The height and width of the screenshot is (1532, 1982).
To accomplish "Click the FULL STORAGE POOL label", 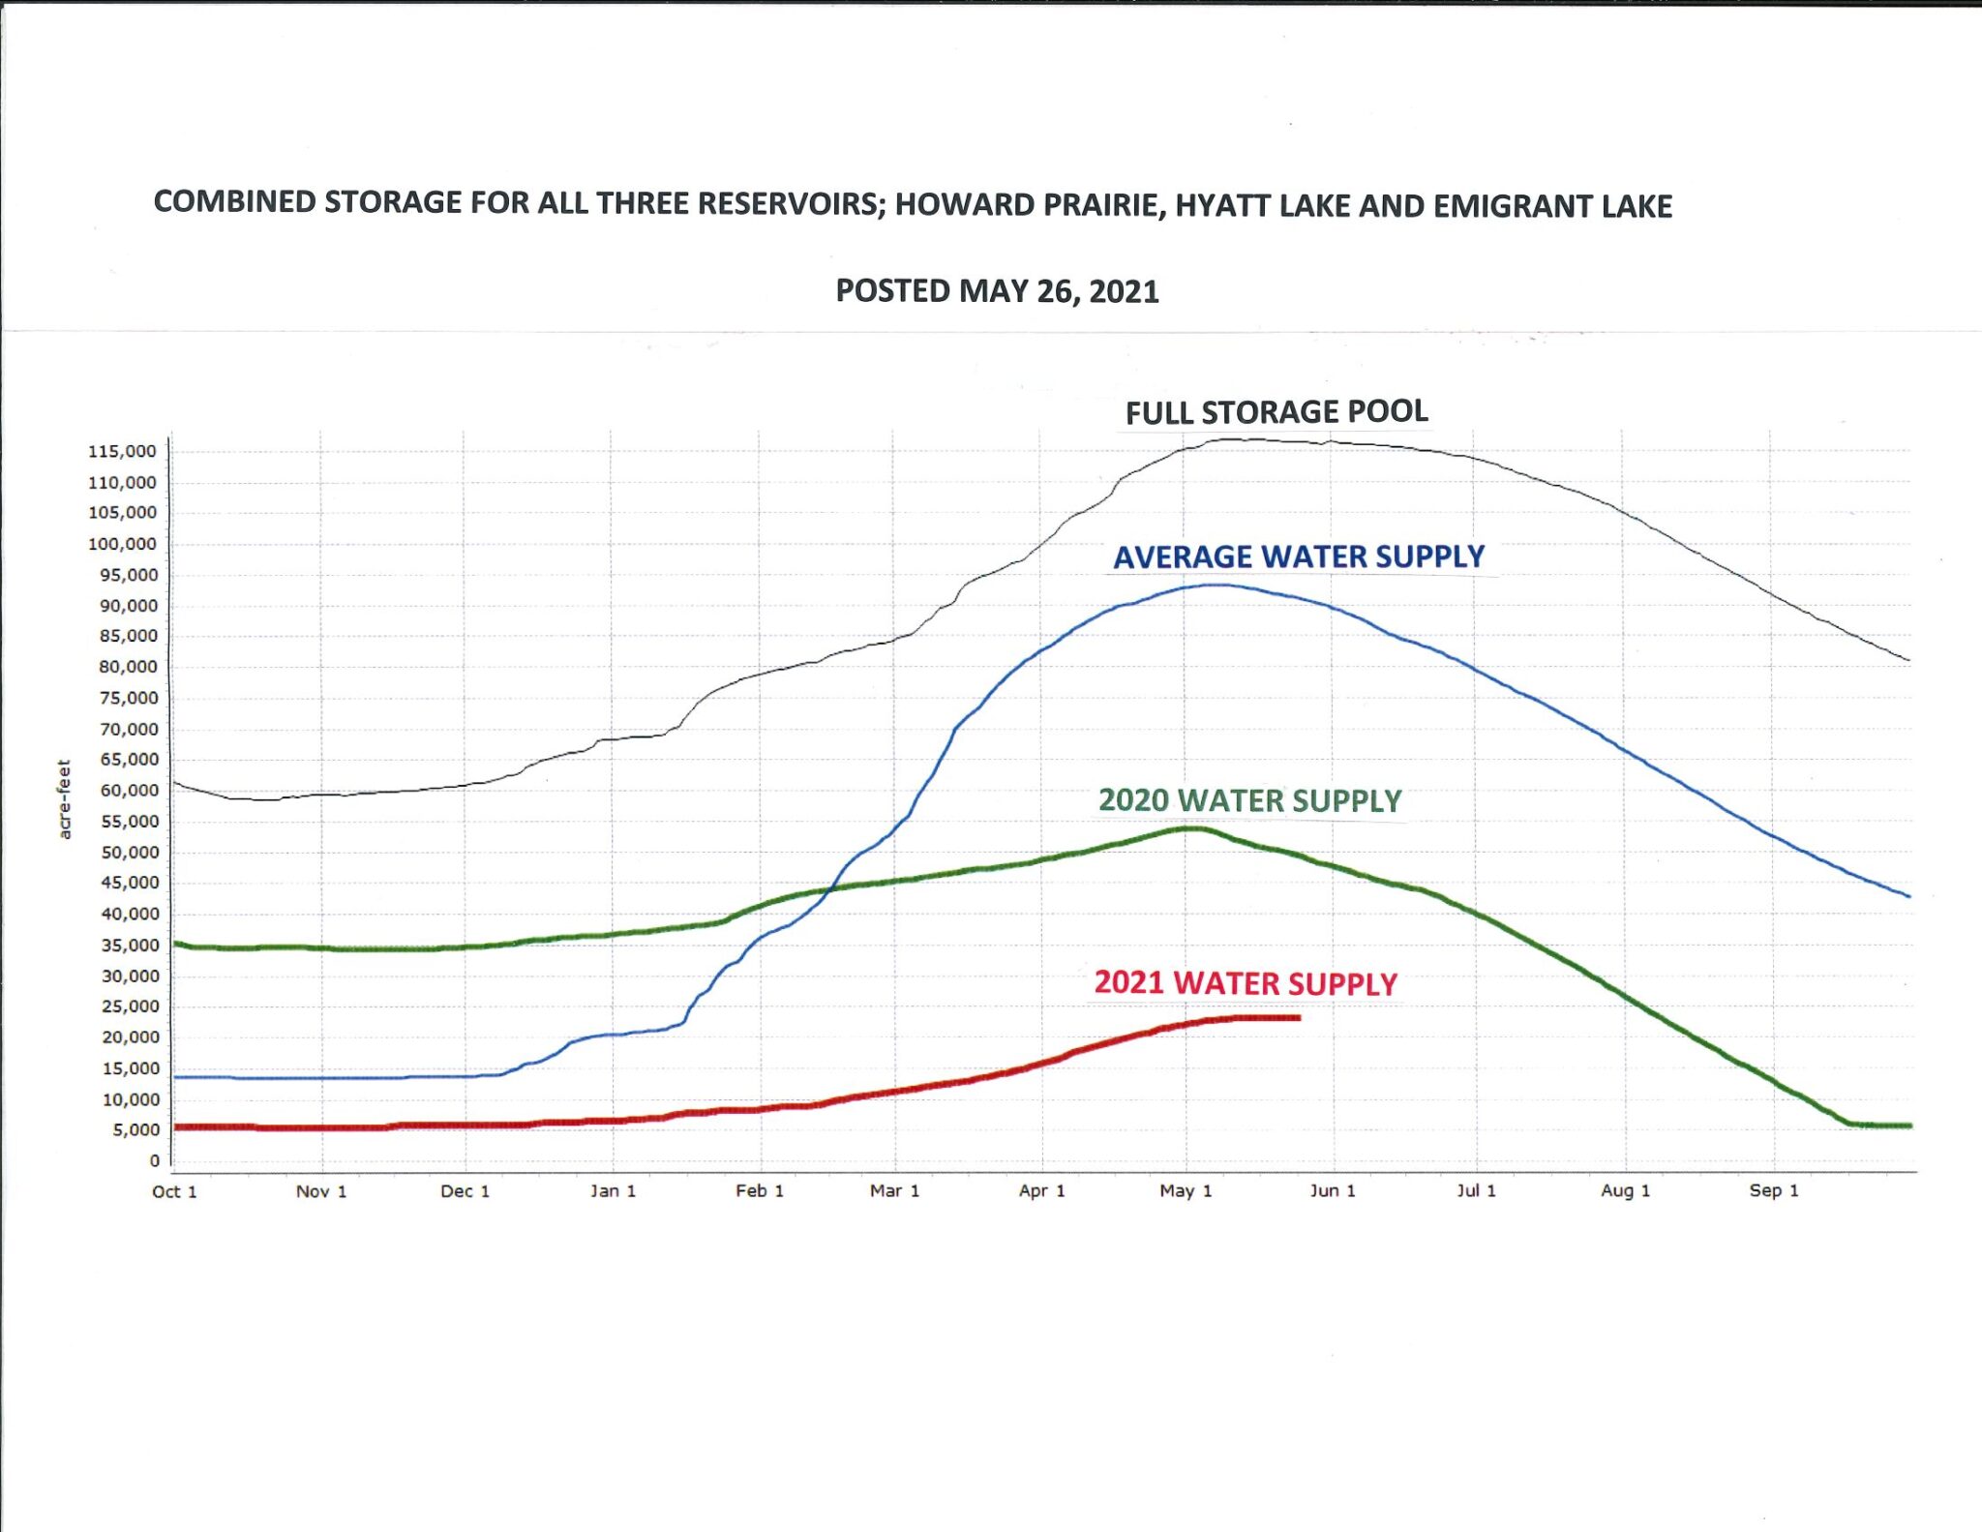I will click(1276, 412).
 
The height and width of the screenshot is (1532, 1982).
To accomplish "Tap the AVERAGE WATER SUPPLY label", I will click(1298, 556).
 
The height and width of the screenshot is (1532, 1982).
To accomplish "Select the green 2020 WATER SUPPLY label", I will click(1249, 800).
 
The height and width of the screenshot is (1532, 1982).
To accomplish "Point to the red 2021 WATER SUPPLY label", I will click(1246, 983).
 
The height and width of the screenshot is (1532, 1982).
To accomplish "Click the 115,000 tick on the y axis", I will click(122, 451).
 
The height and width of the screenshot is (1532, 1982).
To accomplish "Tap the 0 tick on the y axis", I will click(154, 1160).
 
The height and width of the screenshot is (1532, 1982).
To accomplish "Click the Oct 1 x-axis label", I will click(174, 1191).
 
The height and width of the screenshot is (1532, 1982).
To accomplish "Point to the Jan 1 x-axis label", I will click(613, 1191).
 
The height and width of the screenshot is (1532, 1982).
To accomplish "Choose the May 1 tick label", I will click(1186, 1191).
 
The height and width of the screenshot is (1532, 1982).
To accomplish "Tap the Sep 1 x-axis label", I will click(1773, 1190).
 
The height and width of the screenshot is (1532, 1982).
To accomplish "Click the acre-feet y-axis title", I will click(65, 798).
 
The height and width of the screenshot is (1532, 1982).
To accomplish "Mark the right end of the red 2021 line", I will click(1299, 1017).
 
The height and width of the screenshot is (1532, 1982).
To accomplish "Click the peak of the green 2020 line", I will click(1193, 827).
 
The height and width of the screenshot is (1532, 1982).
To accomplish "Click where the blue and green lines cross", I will click(832, 888).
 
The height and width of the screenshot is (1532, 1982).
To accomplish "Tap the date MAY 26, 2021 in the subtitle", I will click(1059, 291).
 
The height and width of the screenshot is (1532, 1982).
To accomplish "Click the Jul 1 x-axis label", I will click(1476, 1191).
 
